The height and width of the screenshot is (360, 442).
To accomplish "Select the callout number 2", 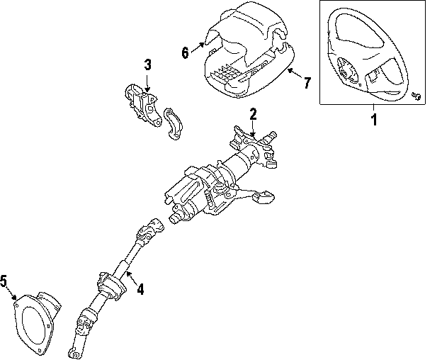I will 253,113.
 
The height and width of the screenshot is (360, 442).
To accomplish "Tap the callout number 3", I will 147,65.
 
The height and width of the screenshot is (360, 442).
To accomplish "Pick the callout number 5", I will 4,283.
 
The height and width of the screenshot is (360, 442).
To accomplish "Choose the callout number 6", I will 186,52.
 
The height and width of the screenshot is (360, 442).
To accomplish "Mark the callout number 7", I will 307,83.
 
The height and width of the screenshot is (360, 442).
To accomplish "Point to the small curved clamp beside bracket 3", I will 173,124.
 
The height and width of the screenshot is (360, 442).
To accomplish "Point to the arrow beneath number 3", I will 147,81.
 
